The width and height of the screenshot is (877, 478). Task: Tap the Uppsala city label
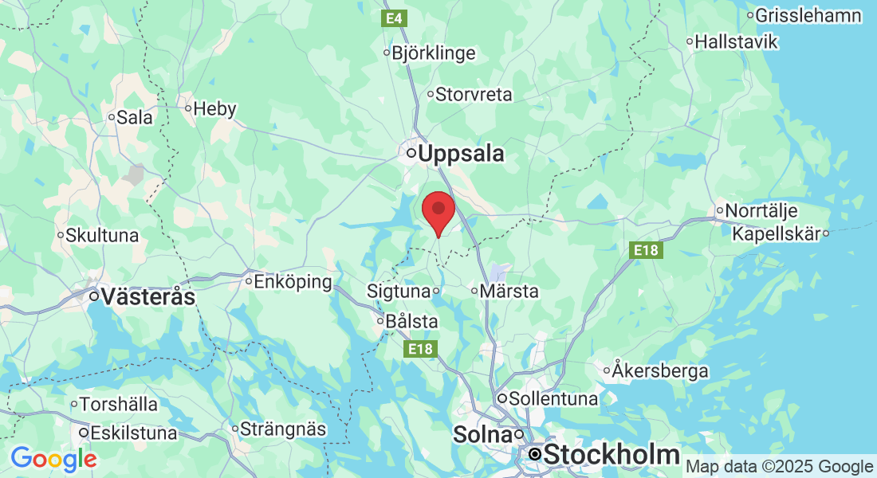(460, 153)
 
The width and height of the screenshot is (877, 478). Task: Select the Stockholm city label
(612, 455)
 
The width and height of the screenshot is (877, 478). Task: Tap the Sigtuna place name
(399, 292)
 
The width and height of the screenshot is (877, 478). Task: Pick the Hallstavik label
(735, 41)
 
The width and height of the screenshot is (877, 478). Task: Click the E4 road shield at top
(393, 18)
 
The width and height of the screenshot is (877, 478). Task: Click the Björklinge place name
(434, 53)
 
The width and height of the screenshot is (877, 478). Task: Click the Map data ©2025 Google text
(779, 467)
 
